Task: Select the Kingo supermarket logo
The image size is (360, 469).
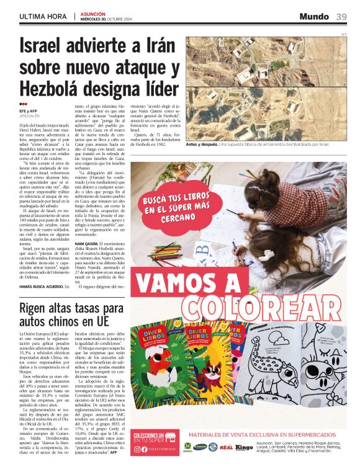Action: coord(245,447)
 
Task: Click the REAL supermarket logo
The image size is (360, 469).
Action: coord(227,447)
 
